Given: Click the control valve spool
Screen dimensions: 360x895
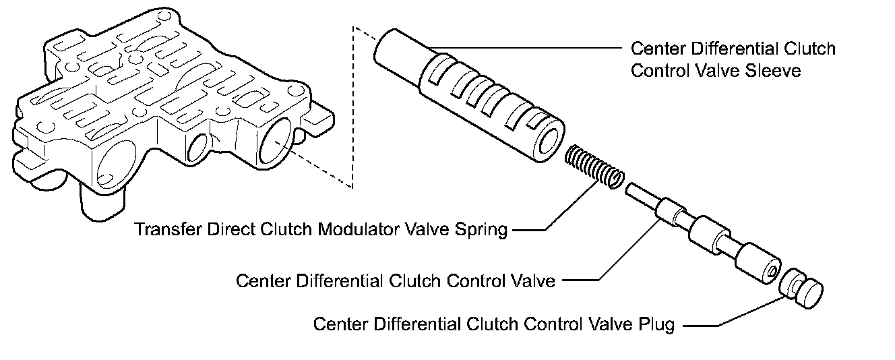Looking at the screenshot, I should (x=708, y=236).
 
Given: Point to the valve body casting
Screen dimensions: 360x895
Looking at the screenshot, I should (x=162, y=108).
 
